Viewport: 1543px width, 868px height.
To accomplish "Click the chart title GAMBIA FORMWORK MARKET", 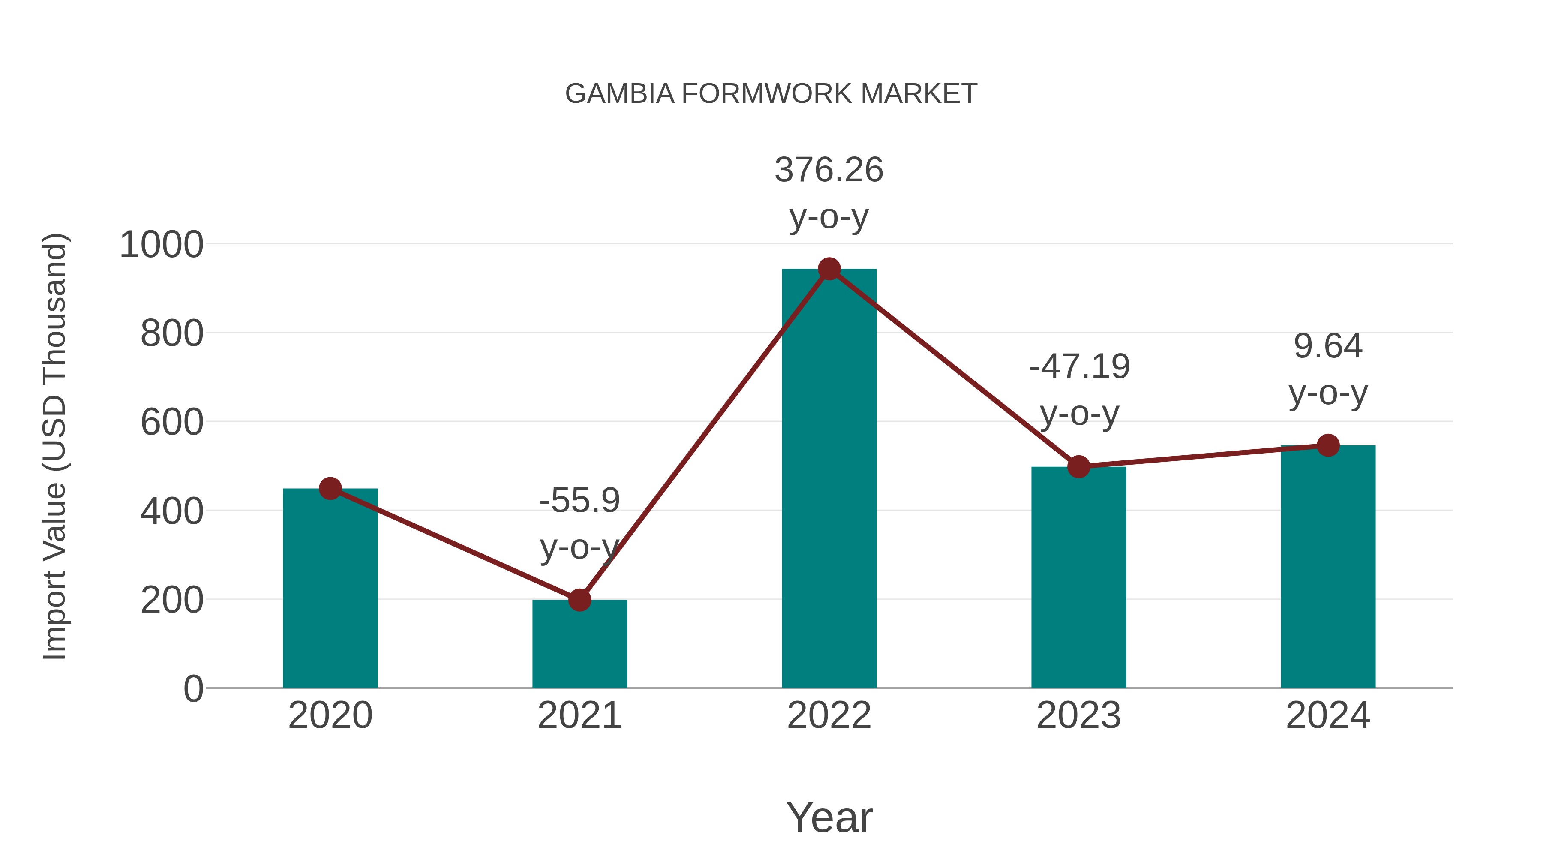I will (x=771, y=94).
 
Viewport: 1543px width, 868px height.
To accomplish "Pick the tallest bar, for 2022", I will (x=829, y=479).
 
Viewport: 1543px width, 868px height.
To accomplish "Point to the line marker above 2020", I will (x=330, y=489).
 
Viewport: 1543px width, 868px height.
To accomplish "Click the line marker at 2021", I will (x=579, y=600).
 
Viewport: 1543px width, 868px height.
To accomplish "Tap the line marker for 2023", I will (x=1078, y=467).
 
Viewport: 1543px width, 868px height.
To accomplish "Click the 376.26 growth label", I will (x=829, y=170).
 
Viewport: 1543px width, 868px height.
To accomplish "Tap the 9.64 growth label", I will (x=1328, y=346).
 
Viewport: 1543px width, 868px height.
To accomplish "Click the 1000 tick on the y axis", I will (x=161, y=245).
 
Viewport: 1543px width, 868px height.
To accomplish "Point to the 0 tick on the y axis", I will (x=193, y=689).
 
